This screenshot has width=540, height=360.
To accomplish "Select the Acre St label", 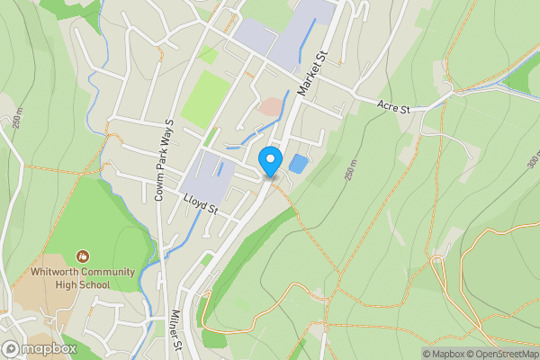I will [x=392, y=108].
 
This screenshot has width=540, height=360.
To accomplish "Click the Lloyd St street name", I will [x=201, y=203].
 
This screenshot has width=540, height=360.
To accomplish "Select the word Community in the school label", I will [x=109, y=273].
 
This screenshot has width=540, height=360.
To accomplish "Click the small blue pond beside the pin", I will [x=298, y=164].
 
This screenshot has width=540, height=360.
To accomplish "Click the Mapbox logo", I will [x=40, y=348].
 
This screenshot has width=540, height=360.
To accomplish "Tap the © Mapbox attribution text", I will [x=444, y=354].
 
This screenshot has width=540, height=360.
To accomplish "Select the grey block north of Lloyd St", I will [x=211, y=171].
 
